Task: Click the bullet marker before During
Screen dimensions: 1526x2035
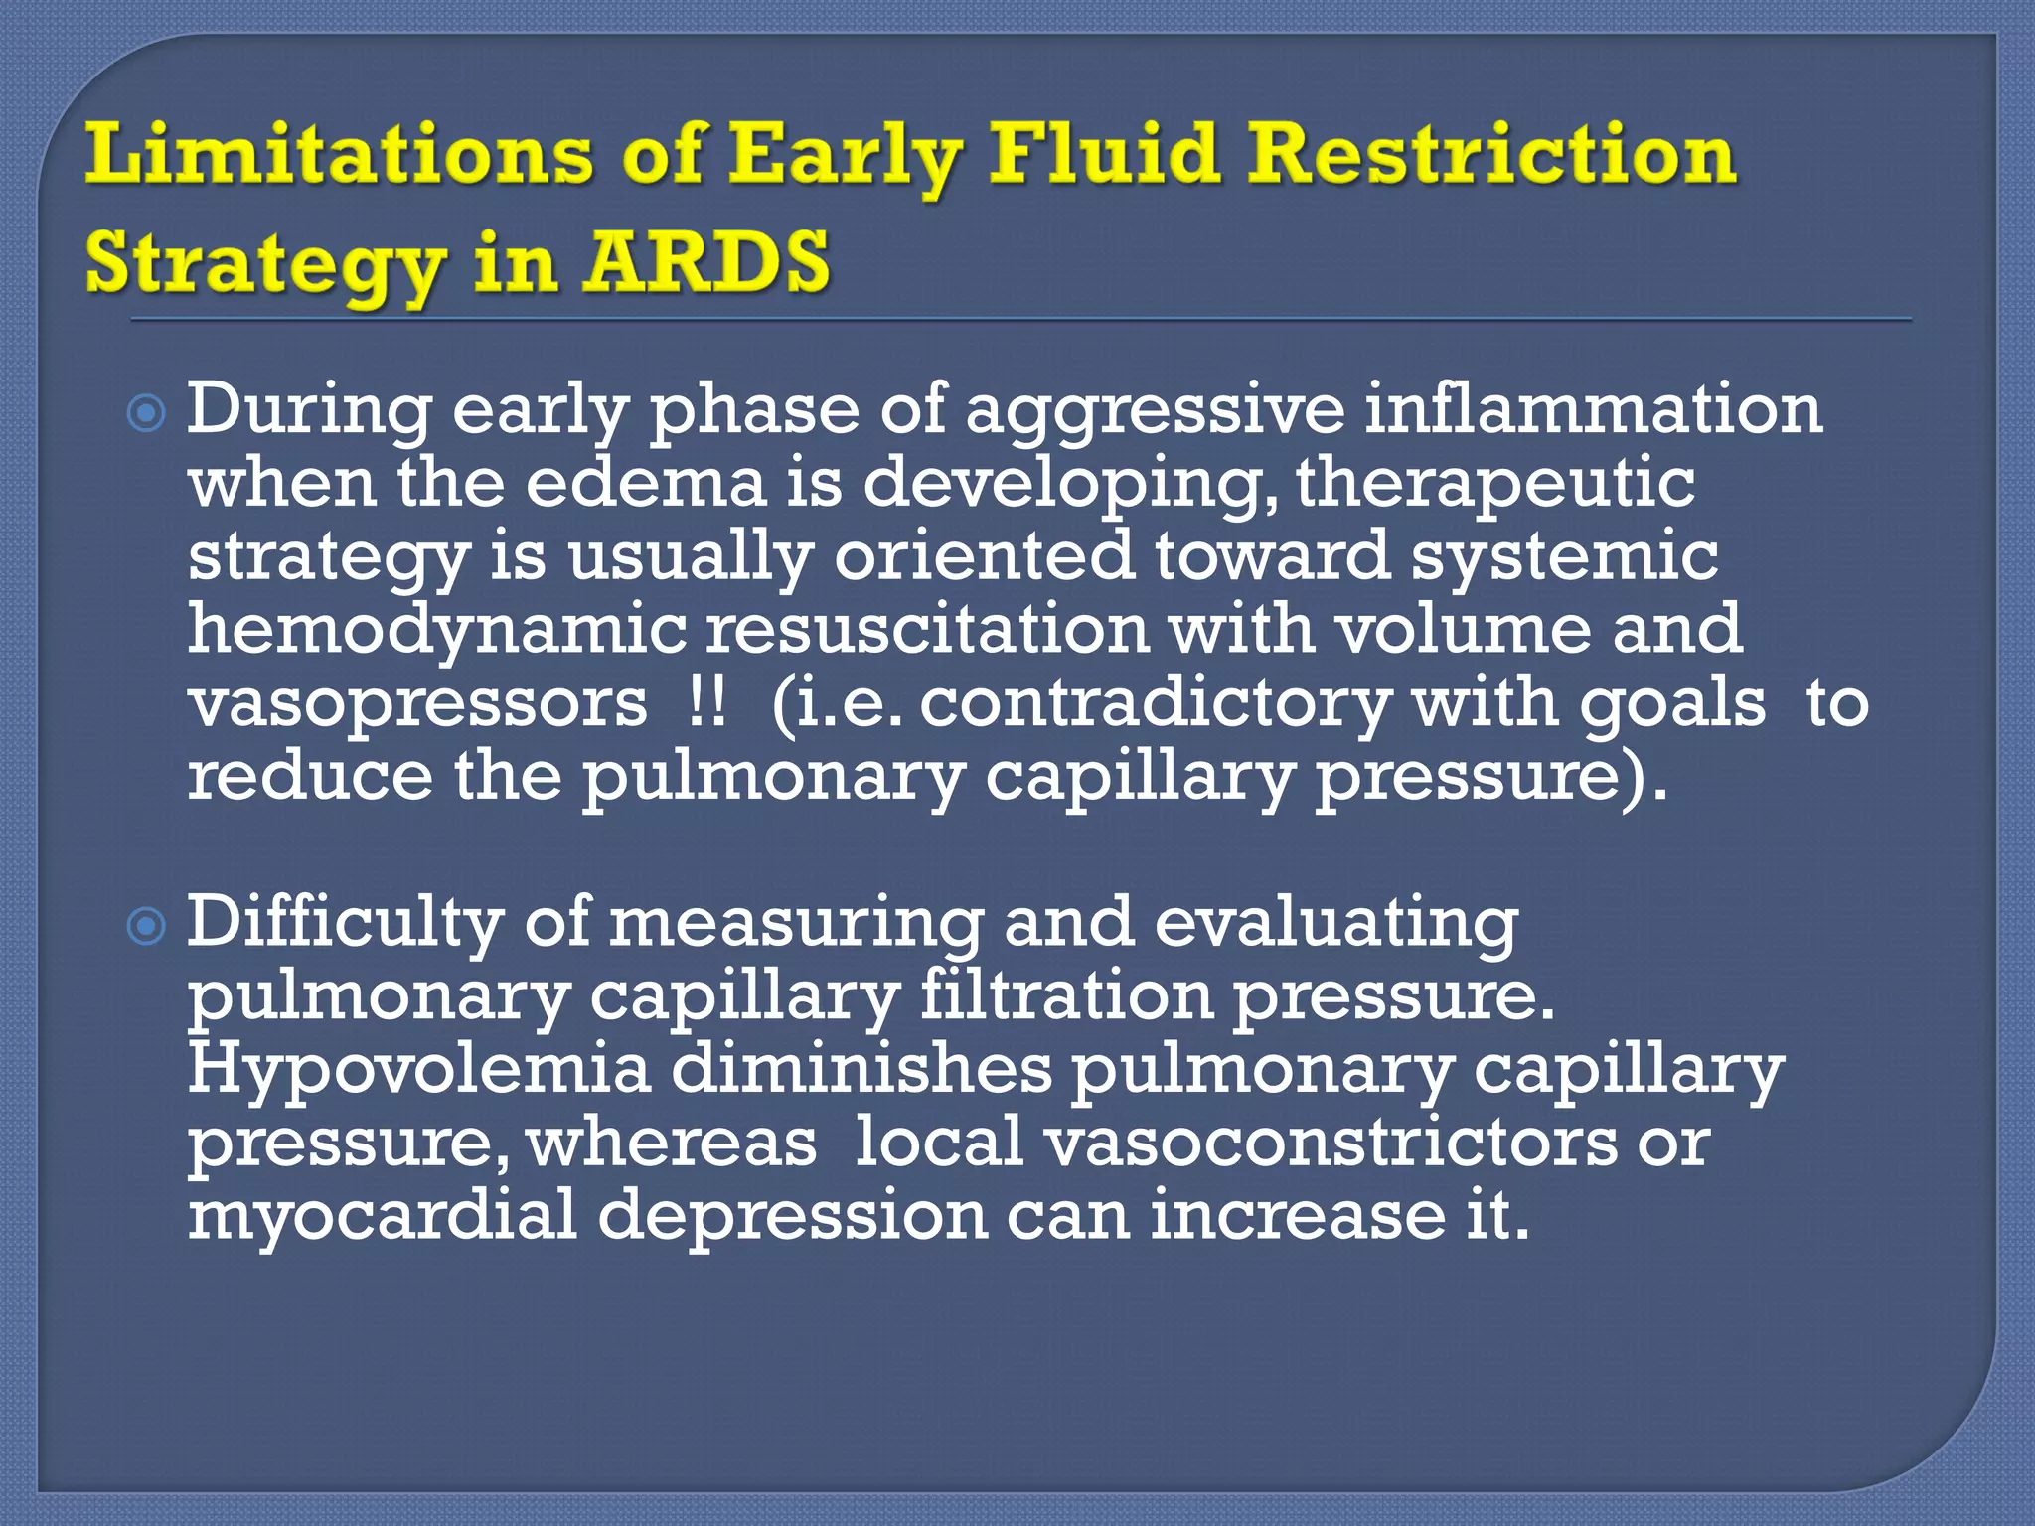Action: point(147,412)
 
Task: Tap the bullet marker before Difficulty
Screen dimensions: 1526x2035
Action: point(147,927)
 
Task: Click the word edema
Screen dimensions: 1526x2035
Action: point(646,483)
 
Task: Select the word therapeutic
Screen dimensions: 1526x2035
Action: point(1495,485)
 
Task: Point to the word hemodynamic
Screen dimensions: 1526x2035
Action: point(437,630)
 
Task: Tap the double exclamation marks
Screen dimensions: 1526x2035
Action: point(706,703)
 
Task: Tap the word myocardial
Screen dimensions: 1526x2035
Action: point(384,1216)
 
